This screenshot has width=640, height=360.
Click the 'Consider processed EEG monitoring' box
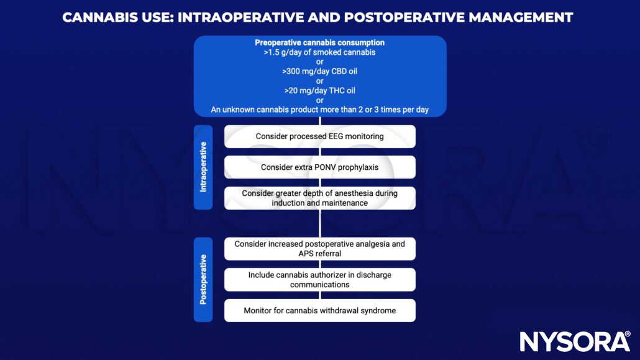pos(319,136)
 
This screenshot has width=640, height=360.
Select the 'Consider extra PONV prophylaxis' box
pos(319,167)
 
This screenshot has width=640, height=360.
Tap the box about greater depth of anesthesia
pos(319,198)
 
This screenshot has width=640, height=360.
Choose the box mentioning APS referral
pos(319,249)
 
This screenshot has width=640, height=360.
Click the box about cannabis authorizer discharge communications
pos(319,280)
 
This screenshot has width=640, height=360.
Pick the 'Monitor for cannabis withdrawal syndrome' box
pos(319,310)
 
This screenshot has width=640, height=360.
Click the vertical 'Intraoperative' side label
pos(203,167)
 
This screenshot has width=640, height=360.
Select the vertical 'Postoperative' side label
pos(203,279)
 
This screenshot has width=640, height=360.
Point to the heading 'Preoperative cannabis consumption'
pos(319,43)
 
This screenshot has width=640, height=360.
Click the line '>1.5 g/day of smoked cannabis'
pos(319,52)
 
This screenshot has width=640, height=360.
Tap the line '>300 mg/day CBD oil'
pos(319,72)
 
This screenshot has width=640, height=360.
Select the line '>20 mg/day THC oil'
pos(319,91)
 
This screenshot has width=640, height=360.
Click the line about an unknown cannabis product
pos(319,110)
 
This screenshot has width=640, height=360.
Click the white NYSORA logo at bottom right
pos(575,341)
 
